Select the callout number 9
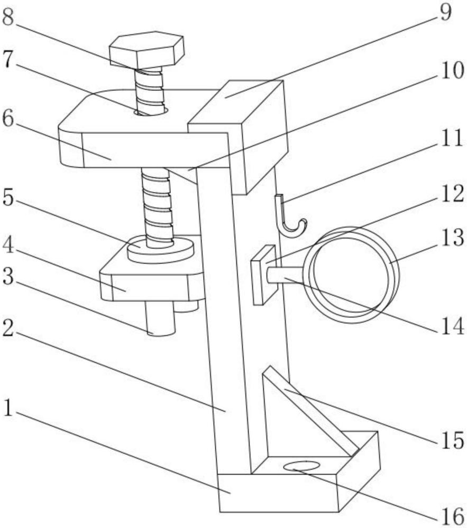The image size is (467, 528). (445, 12)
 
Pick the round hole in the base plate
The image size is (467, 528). (301, 466)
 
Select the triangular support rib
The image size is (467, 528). (296, 417)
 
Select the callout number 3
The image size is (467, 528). (9, 278)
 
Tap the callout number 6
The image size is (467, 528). (9, 119)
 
